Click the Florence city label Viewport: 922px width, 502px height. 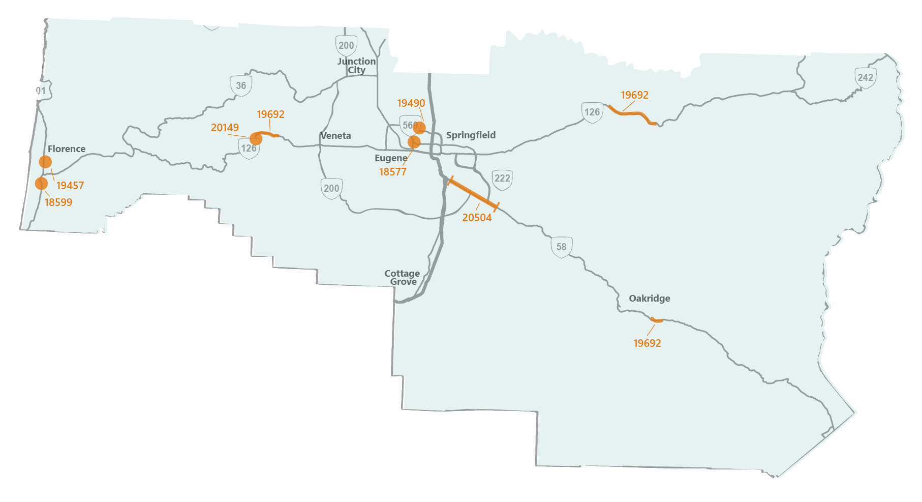coord(67,149)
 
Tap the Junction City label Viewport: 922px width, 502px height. coord(356,66)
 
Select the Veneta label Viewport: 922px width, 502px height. coord(335,136)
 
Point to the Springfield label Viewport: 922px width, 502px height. coord(471,135)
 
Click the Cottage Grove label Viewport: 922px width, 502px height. coord(402,278)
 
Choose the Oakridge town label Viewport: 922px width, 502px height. coord(649,299)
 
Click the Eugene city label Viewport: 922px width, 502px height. coord(391,158)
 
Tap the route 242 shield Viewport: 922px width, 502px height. coord(865,78)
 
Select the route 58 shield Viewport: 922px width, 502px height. coord(561,247)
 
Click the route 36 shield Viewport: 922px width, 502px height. coord(241,86)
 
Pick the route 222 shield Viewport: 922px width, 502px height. coord(502,179)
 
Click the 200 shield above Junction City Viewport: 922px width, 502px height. coord(346,46)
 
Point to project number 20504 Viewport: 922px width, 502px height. coord(477,218)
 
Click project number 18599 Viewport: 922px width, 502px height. coord(58,202)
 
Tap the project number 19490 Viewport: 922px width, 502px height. coord(411,103)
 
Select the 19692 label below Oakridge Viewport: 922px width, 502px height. coord(647,343)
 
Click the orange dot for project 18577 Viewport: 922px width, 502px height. coord(414,142)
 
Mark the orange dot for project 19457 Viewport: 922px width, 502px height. coord(45,162)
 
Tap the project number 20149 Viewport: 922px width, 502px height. coord(225,128)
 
